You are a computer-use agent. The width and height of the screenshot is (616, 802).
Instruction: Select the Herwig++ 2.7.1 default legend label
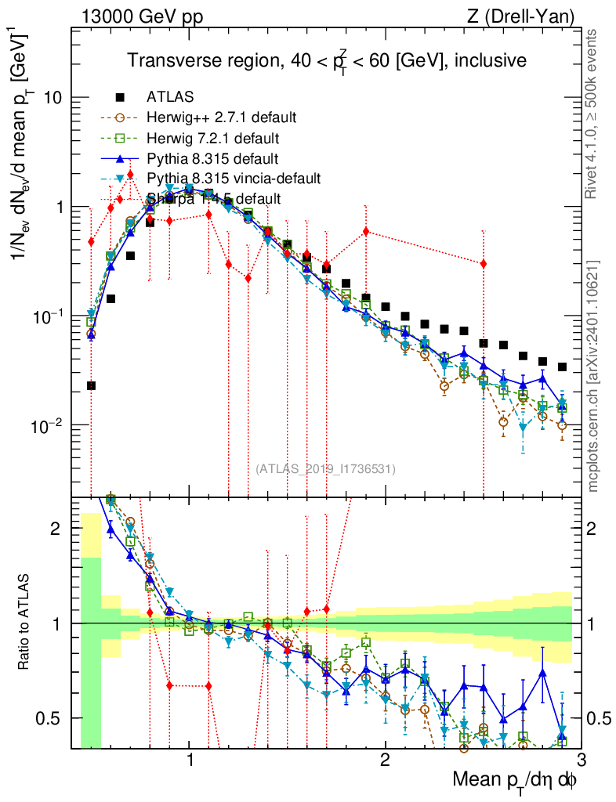(x=221, y=117)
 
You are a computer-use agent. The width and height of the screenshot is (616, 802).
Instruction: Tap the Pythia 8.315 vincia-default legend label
(x=234, y=179)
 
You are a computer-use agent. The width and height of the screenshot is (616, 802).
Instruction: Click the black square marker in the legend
(x=120, y=97)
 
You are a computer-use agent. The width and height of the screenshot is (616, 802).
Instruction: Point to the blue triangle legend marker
(x=120, y=158)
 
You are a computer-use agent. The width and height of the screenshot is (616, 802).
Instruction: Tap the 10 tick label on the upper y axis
(x=53, y=98)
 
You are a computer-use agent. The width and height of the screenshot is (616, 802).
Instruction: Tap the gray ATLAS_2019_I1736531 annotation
(x=325, y=469)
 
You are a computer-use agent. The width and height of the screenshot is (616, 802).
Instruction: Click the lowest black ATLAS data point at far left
(x=91, y=385)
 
